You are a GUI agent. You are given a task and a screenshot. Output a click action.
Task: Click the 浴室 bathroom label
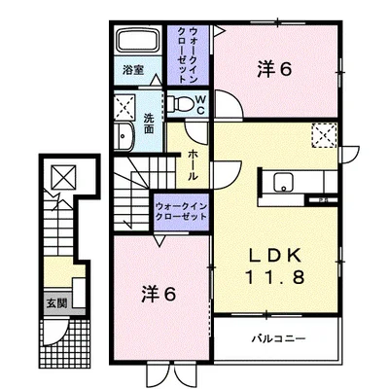click(x=132, y=71)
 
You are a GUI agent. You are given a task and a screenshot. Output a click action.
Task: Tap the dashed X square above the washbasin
click(x=125, y=105)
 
